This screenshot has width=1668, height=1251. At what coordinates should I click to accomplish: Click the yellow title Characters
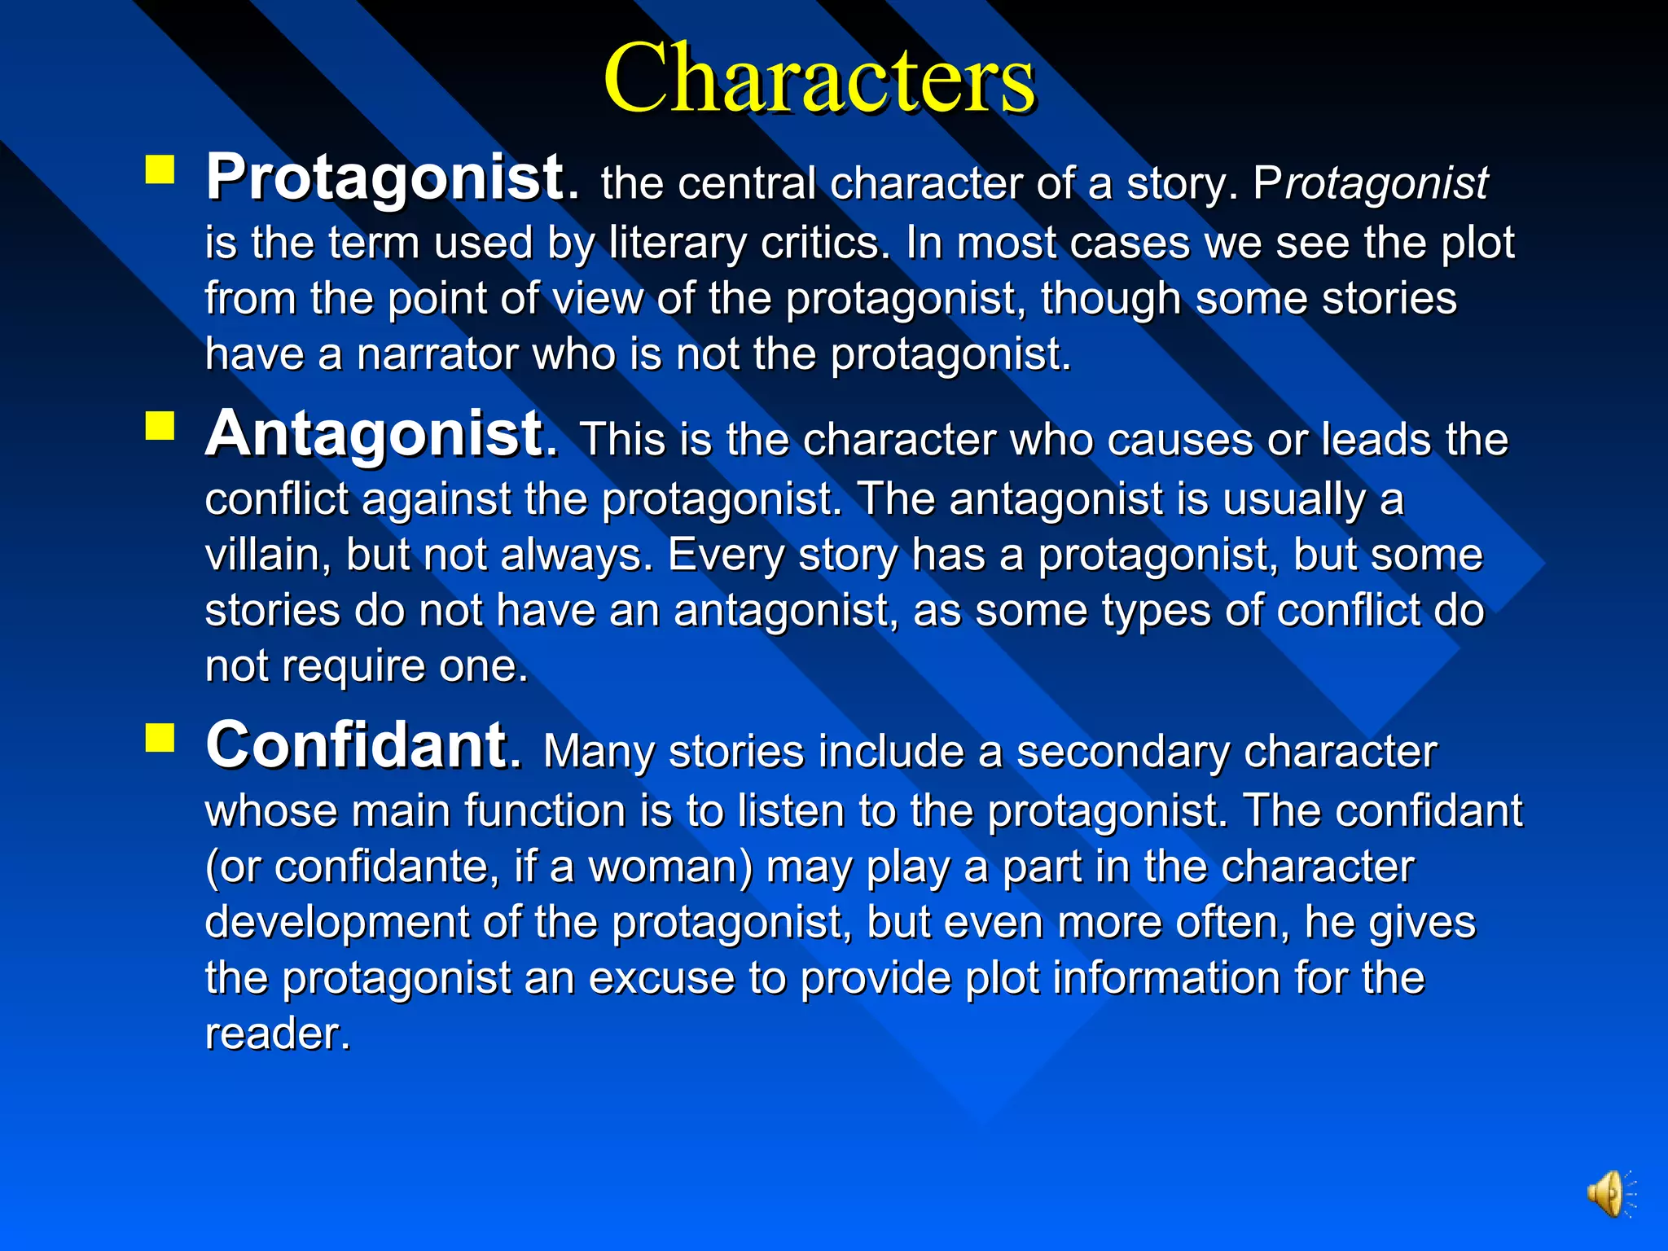[x=819, y=79]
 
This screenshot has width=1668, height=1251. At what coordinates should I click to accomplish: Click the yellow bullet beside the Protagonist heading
[x=160, y=170]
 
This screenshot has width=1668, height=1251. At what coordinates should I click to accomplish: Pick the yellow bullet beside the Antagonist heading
[x=160, y=425]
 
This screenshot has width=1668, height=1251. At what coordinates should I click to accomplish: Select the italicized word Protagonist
[x=1371, y=183]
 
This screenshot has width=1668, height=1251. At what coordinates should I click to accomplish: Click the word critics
[x=825, y=243]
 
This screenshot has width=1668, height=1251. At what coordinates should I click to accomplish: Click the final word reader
[x=277, y=1034]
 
